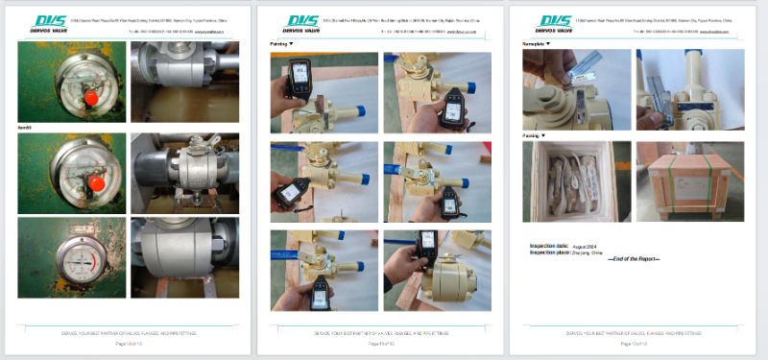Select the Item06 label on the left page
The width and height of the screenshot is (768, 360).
point(27,128)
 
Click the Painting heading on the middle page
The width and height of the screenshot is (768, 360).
point(280,44)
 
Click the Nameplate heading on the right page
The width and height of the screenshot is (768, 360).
point(536,44)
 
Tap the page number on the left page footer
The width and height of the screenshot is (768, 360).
point(128,343)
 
